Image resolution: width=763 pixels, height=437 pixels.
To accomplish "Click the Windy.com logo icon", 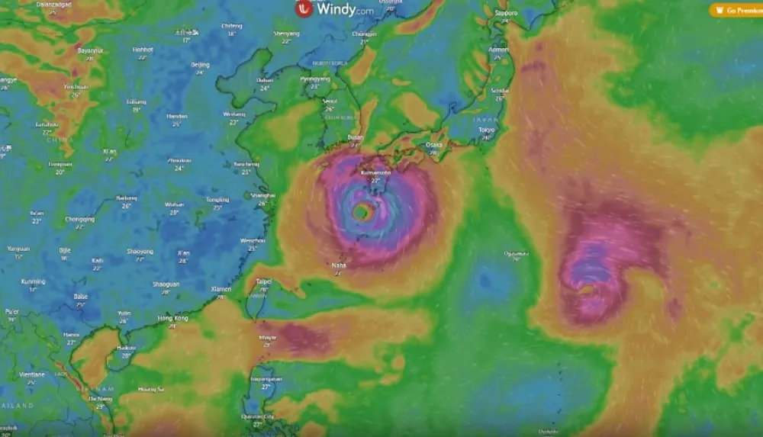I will (x=305, y=9).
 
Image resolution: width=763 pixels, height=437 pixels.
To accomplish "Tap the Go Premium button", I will (x=736, y=10).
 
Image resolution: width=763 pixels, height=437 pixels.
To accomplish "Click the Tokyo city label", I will (x=487, y=130).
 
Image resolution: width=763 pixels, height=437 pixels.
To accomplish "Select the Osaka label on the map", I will (x=434, y=144).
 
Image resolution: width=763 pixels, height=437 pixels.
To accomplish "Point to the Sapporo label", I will (x=506, y=13).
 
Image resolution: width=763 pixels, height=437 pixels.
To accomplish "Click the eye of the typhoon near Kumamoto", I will (x=363, y=212).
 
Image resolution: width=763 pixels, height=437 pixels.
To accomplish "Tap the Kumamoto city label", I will (x=375, y=173).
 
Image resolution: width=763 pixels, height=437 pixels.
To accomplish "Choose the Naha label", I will (x=338, y=265).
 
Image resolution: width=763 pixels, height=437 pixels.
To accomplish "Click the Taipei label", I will (x=263, y=281).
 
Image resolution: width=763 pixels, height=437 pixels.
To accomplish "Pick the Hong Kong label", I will (x=172, y=318).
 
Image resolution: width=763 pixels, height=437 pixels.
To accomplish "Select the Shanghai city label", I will (x=262, y=194).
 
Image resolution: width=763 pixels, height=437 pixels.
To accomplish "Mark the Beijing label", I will (x=200, y=65).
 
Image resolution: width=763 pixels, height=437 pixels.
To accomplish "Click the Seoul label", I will (x=330, y=101).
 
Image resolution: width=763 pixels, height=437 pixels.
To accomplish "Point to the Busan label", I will (x=356, y=137).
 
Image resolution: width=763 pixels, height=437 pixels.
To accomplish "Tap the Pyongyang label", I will (x=314, y=79).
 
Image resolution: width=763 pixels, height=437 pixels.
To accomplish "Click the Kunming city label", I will (x=33, y=281).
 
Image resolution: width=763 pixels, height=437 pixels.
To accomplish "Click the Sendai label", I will (x=500, y=90).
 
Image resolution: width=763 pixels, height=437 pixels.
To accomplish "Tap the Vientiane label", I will (x=32, y=374).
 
